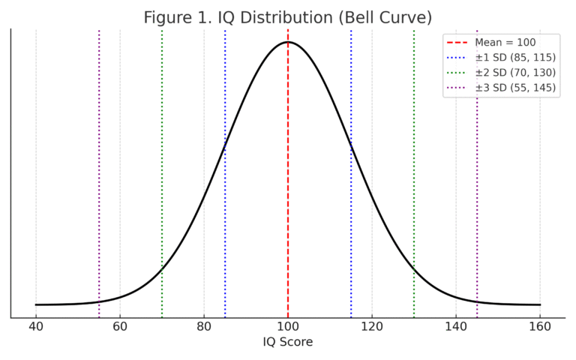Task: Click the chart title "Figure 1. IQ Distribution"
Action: pos(287,17)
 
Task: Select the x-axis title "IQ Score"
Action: pos(287,342)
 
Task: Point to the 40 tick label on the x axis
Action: pos(36,326)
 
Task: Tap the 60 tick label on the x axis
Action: pos(120,326)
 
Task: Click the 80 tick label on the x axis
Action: pos(204,326)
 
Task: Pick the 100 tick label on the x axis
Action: pos(288,326)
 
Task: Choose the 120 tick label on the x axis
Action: pos(372,326)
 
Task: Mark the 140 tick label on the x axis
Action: pos(456,326)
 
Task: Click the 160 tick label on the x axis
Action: pos(540,326)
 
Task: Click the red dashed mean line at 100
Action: pos(288,187)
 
